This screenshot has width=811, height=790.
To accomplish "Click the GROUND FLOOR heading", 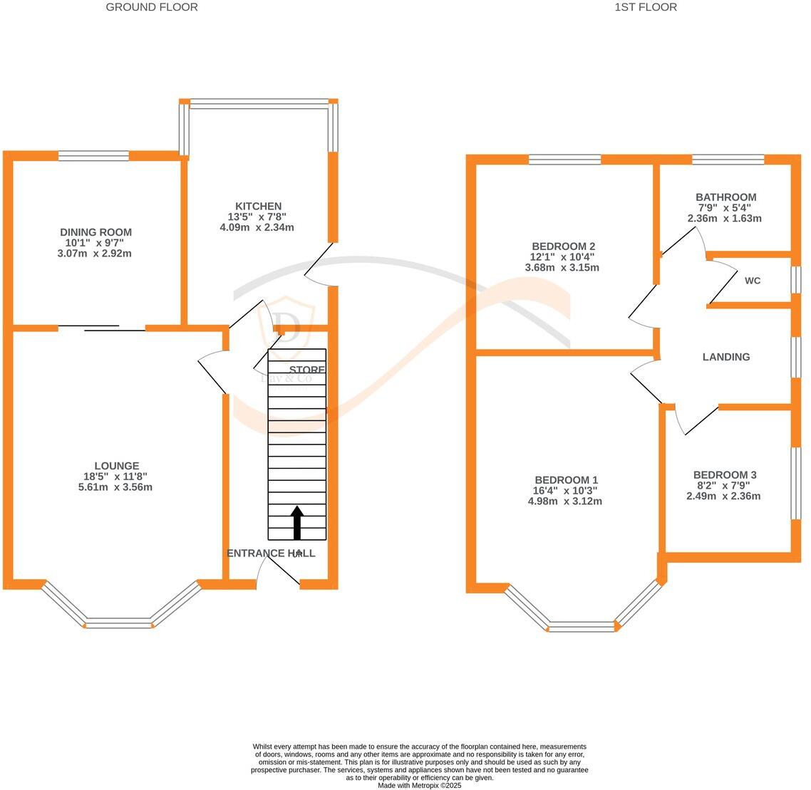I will [152, 7].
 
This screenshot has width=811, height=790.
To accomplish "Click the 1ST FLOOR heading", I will [645, 7].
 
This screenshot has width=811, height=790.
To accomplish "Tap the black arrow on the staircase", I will [296, 522].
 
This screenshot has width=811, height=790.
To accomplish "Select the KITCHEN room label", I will [258, 206].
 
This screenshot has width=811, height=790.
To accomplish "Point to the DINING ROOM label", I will [95, 232].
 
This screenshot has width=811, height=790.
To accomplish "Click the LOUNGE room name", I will [117, 466].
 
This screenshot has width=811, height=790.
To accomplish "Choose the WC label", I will [753, 281].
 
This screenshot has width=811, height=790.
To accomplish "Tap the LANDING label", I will [726, 357].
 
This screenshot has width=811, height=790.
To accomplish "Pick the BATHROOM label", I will [725, 197].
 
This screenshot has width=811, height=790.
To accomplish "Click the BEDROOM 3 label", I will [724, 475].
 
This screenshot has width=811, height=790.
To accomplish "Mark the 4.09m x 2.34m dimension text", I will [257, 227].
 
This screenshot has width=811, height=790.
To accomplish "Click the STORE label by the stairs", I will [307, 370].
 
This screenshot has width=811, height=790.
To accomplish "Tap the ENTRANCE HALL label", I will [271, 553].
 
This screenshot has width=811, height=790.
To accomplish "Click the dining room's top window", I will [93, 156].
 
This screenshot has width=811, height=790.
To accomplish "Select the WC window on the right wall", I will [796, 280].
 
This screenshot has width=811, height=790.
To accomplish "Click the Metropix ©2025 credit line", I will [420, 785].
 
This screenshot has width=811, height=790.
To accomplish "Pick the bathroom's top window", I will [728, 160].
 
